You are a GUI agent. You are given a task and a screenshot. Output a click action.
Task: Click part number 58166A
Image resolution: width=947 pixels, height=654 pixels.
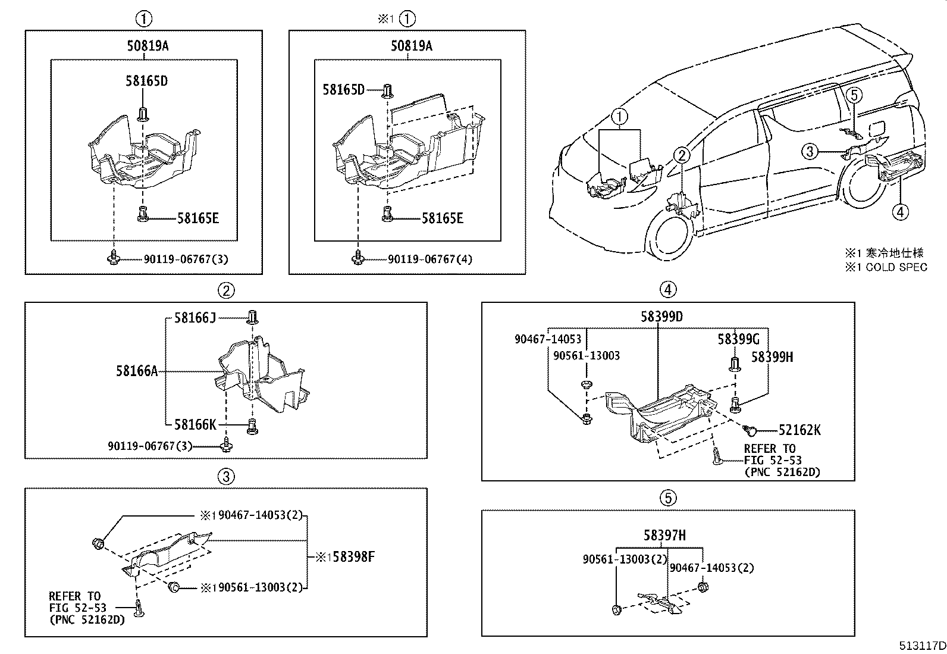pyautogui.click(x=137, y=371)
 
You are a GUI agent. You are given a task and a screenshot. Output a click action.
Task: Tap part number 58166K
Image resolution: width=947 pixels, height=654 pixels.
pyautogui.click(x=195, y=424)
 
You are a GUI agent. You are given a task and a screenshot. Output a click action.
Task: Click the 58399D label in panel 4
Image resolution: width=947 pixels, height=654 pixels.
pyautogui.click(x=661, y=317)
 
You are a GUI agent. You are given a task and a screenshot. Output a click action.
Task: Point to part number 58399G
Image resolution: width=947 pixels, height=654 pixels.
pyautogui.click(x=738, y=339)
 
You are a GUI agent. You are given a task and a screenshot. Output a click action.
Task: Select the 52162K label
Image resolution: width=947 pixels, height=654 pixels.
pyautogui.click(x=799, y=430)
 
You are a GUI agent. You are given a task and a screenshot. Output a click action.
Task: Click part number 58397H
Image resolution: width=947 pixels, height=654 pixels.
pyautogui.click(x=664, y=536)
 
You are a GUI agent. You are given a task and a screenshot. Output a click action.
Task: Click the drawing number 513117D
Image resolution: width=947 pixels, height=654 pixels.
pyautogui.click(x=922, y=645)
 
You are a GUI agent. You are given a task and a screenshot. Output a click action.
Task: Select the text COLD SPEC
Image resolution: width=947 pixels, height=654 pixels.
pyautogui.click(x=896, y=267)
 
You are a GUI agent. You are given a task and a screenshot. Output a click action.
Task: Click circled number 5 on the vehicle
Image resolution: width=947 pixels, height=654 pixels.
pyautogui.click(x=853, y=94)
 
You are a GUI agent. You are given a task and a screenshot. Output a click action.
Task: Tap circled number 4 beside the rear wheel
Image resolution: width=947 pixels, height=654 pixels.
pyautogui.click(x=901, y=211)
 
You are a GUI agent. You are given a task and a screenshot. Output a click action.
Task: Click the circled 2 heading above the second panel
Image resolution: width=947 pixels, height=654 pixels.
pyautogui.click(x=225, y=290)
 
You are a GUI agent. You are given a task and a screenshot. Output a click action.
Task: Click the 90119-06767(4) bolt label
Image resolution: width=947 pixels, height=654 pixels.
pyautogui.click(x=430, y=259)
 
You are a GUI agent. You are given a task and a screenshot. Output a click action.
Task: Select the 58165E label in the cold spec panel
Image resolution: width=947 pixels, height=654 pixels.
pyautogui.click(x=442, y=218)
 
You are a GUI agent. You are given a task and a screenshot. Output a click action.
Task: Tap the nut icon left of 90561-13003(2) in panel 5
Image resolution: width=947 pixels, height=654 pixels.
pyautogui.click(x=616, y=609)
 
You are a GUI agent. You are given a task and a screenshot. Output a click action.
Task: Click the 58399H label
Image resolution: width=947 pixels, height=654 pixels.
pyautogui.click(x=772, y=357)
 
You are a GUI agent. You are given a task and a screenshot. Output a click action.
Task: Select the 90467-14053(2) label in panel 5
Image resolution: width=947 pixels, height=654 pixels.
pyautogui.click(x=711, y=568)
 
